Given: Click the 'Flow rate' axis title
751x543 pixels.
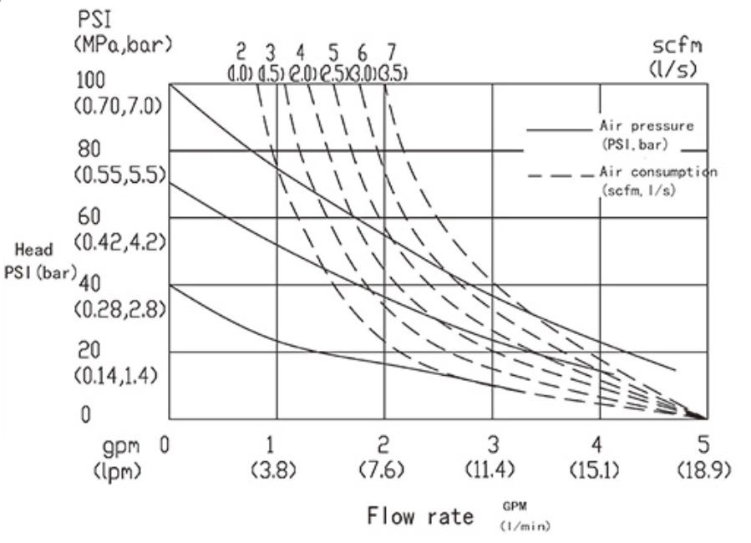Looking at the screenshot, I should [x=419, y=517].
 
